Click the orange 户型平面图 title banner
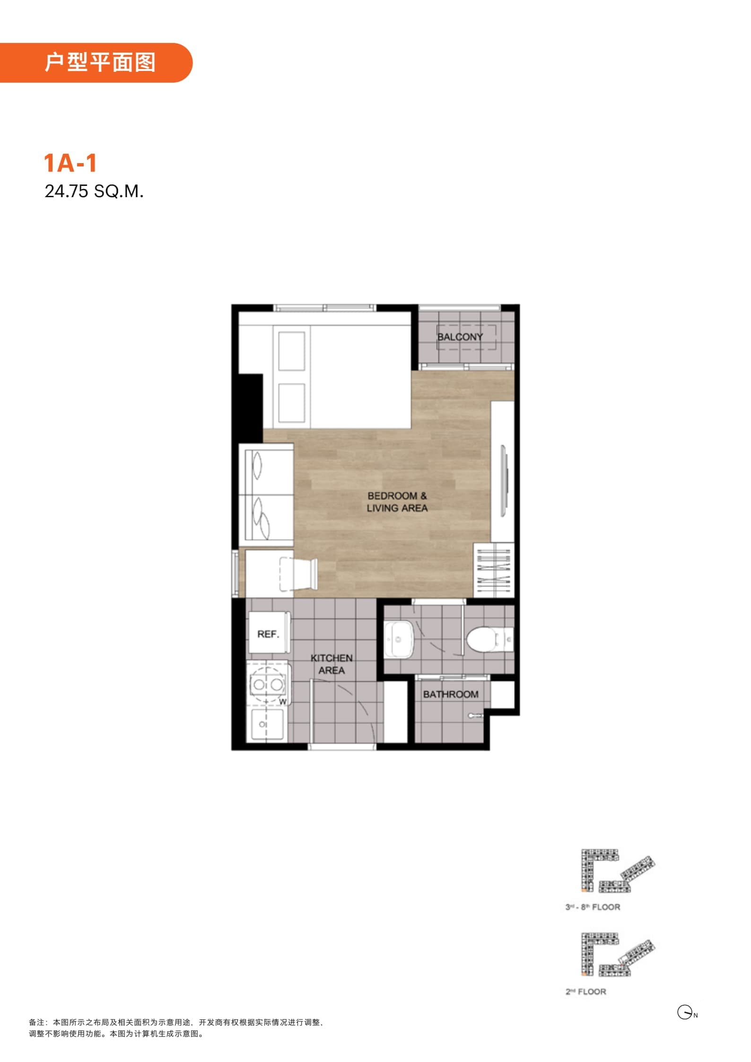pos(96,62)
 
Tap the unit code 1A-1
pos(70,163)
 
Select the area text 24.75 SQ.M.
pos(94,191)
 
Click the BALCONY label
pos(460,337)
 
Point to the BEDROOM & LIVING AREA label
pos(397,502)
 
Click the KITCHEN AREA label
pos(332,664)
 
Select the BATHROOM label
pos(451,694)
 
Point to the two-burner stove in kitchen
pos(269,684)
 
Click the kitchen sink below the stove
pos(267,724)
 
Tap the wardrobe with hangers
pos(494,570)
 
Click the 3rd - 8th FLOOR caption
pos(593,907)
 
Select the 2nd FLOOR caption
pos(585,992)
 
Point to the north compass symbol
pos(687,1012)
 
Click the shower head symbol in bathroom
pos(475,715)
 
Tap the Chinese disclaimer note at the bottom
pos(176,1028)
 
